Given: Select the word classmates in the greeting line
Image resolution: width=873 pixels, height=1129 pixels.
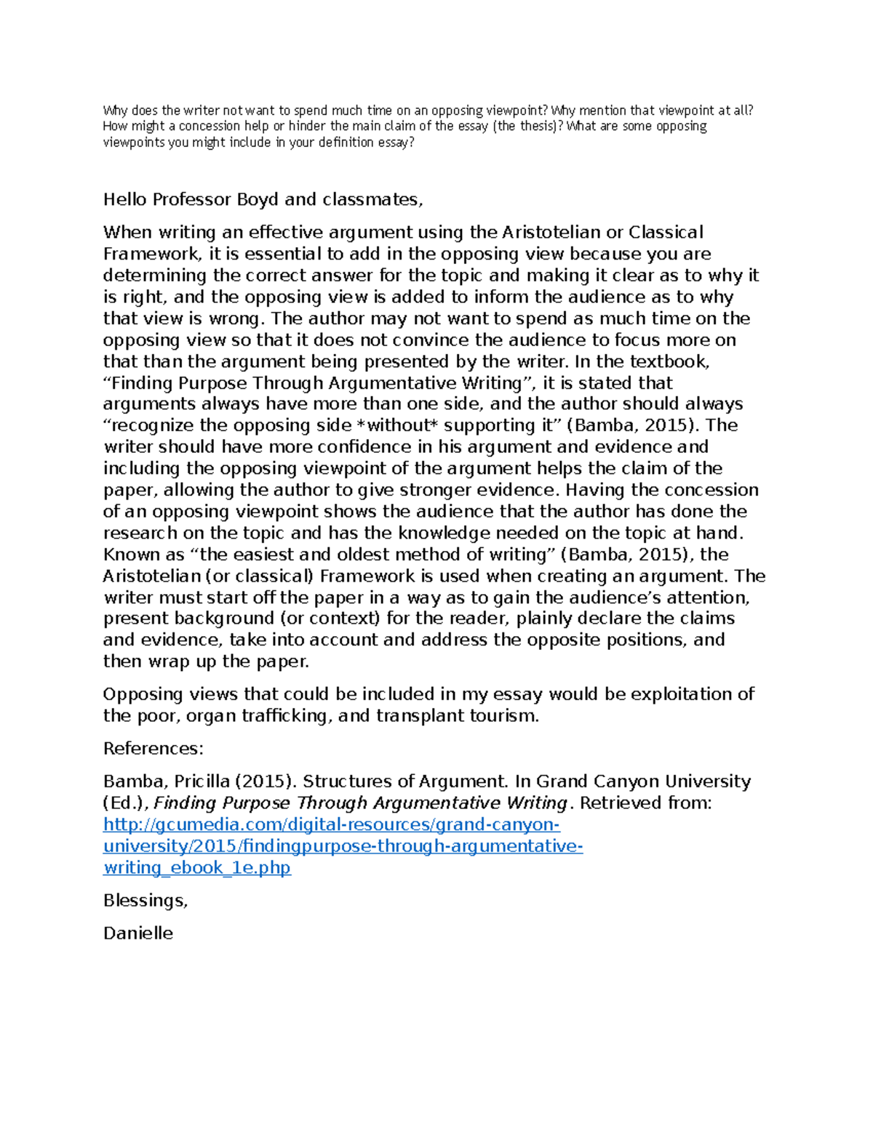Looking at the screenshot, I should [371, 200].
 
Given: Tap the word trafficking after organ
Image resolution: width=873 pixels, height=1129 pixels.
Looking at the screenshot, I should [285, 716].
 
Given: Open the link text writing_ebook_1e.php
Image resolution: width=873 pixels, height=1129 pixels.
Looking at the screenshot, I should [197, 868].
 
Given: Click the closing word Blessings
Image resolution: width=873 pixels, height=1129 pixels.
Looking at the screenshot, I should [145, 901].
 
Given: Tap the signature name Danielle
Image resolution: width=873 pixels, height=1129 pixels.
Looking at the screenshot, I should [138, 933].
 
